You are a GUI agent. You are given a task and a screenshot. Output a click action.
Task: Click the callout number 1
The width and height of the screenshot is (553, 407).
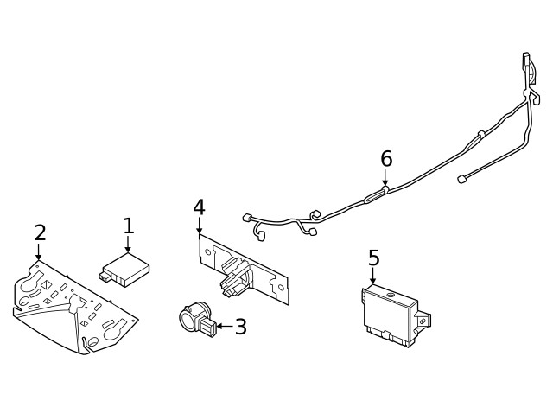point(129,226)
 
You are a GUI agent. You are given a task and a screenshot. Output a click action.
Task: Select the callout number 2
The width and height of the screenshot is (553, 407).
point(40,232)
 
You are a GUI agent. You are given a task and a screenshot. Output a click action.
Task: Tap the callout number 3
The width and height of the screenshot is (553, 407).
point(241,327)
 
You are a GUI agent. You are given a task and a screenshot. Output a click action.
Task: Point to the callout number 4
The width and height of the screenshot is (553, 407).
point(199,207)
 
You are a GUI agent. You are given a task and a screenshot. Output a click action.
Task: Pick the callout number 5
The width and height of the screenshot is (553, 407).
point(373,258)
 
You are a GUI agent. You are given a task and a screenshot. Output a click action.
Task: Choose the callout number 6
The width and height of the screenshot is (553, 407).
point(386,159)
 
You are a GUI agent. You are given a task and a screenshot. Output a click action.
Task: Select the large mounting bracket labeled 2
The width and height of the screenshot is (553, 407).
point(73,307)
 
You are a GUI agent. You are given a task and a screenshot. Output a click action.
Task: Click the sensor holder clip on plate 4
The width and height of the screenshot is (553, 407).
point(234,277)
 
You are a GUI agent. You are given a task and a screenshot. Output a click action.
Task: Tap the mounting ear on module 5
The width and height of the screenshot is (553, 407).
point(423,321)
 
